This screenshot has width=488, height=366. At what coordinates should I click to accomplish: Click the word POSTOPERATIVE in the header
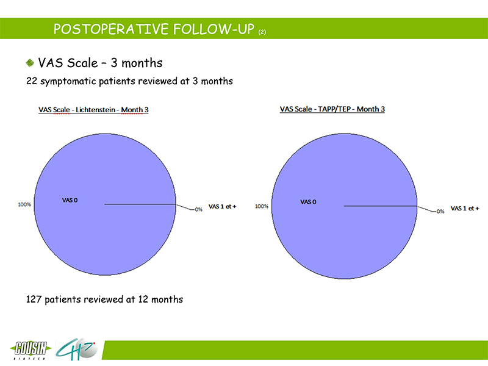[111, 29]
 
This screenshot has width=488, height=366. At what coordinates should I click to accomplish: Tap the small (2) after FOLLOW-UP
[262, 32]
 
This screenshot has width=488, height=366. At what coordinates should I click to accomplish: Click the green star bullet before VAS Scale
[30, 63]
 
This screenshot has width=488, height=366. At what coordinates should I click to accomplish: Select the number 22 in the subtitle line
[32, 81]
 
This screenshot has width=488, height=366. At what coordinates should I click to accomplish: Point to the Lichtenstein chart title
[93, 110]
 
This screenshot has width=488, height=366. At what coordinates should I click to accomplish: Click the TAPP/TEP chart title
[332, 109]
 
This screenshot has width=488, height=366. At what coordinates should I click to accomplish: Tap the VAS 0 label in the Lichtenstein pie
[70, 200]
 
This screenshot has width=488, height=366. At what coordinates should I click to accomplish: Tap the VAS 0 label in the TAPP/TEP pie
[308, 202]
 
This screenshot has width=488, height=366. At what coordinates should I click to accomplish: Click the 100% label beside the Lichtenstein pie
[24, 204]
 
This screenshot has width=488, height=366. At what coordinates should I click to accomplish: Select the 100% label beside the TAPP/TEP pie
[262, 206]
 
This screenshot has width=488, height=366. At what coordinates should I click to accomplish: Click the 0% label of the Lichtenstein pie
[199, 209]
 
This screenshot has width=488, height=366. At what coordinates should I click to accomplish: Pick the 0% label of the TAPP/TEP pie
[440, 211]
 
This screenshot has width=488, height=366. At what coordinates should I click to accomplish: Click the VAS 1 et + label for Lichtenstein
[222, 206]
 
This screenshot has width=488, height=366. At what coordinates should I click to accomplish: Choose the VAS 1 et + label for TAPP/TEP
[465, 208]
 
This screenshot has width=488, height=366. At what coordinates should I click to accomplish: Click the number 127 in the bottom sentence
[34, 300]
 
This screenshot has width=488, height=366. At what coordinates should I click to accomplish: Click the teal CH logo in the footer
[76, 349]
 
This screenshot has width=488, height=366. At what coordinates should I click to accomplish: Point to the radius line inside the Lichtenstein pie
[140, 204]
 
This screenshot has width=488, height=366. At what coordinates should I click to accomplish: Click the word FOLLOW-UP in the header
[214, 29]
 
